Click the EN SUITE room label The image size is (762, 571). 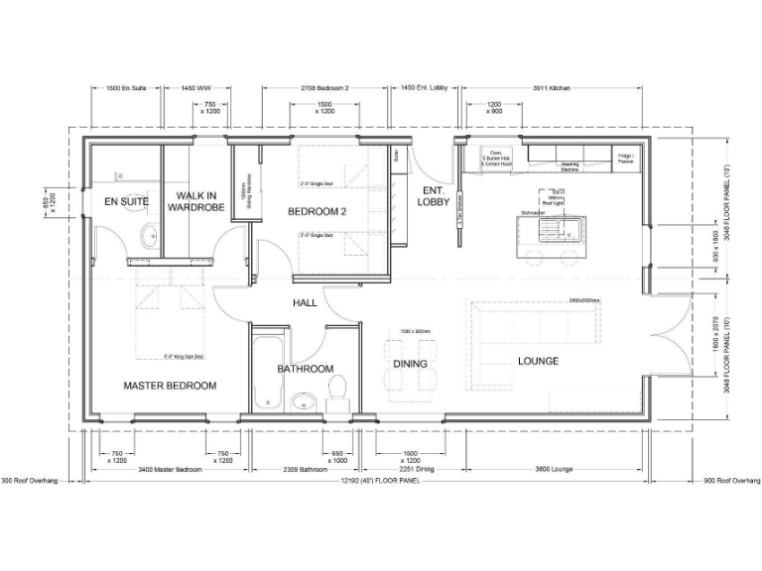(x=127, y=201)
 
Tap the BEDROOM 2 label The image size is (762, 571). (x=317, y=211)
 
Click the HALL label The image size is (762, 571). (x=305, y=302)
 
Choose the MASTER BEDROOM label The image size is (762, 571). (x=170, y=386)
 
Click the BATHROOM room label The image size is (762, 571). (x=305, y=369)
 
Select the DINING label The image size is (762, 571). (x=410, y=364)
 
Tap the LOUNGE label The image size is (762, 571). (x=538, y=361)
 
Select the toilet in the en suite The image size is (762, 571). (x=149, y=236)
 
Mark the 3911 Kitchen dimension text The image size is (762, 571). (x=547, y=89)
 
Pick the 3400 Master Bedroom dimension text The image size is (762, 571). (x=170, y=469)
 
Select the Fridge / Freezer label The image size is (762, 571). (x=626, y=159)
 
